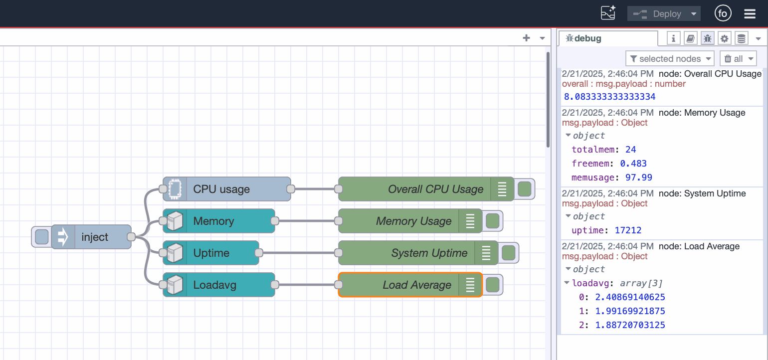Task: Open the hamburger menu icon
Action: (x=750, y=14)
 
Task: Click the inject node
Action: (x=94, y=237)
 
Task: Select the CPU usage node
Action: (x=227, y=189)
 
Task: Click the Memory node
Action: (x=219, y=221)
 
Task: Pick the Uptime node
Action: (x=211, y=253)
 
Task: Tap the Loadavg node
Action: (x=219, y=285)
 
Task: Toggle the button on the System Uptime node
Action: (x=508, y=253)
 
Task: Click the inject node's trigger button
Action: (x=42, y=237)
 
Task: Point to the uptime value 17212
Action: (x=620, y=230)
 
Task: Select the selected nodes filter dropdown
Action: (x=670, y=59)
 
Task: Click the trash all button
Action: (x=738, y=59)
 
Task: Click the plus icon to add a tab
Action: (x=526, y=38)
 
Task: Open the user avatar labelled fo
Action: (x=723, y=14)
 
